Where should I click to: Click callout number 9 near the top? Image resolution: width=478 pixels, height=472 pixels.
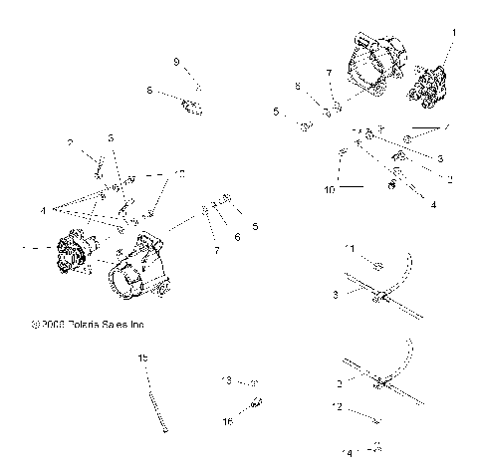[x=177, y=63]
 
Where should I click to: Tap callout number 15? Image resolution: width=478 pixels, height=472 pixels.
[x=142, y=356]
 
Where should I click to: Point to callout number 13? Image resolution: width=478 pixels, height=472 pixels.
[x=226, y=380]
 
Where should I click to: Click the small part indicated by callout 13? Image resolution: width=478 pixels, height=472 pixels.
[x=254, y=381]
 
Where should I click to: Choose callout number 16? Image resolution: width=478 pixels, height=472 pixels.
[x=228, y=421]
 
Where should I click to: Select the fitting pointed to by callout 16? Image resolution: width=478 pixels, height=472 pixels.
[x=255, y=403]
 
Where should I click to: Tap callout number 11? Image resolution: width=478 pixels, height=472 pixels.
[x=349, y=247]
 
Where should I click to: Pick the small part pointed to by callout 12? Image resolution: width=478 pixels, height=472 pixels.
[x=374, y=420]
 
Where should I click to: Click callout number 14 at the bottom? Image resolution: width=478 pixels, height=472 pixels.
[x=348, y=453]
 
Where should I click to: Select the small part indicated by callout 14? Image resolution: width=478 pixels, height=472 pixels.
[x=376, y=447]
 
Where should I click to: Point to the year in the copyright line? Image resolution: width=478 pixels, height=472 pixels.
[x=53, y=324]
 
